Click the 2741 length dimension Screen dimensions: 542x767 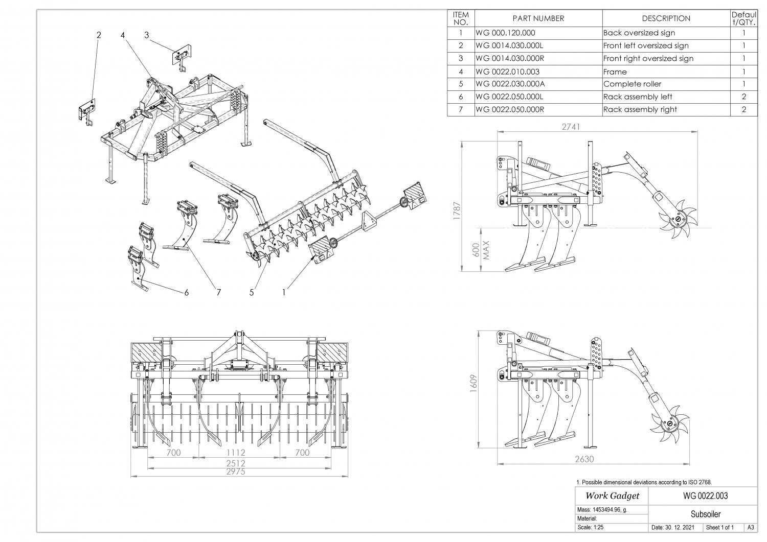pyautogui.click(x=571, y=127)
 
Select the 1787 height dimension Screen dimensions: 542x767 pyautogui.click(x=457, y=210)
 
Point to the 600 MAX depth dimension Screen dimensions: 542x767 pyautogui.click(x=481, y=250)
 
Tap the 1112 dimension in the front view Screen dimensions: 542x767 pyautogui.click(x=236, y=453)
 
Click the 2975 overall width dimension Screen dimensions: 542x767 pyautogui.click(x=236, y=472)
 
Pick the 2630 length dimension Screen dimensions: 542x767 pyautogui.click(x=584, y=459)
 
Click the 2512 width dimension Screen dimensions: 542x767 pyautogui.click(x=236, y=463)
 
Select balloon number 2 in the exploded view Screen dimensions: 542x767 pyautogui.click(x=99, y=35)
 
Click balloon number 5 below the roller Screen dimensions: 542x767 pyautogui.click(x=252, y=292)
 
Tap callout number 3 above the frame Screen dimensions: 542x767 pyautogui.click(x=147, y=35)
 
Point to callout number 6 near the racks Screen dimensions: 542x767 pyautogui.click(x=187, y=292)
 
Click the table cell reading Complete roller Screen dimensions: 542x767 pyautogui.click(x=632, y=84)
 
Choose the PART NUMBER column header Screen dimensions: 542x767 pyautogui.click(x=538, y=18)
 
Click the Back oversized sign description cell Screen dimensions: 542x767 pyautogui.click(x=639, y=33)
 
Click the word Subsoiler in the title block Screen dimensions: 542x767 pyautogui.click(x=705, y=514)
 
